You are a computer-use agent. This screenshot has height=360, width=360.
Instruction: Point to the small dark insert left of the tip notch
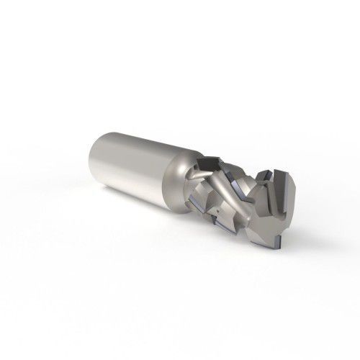click(268, 177)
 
